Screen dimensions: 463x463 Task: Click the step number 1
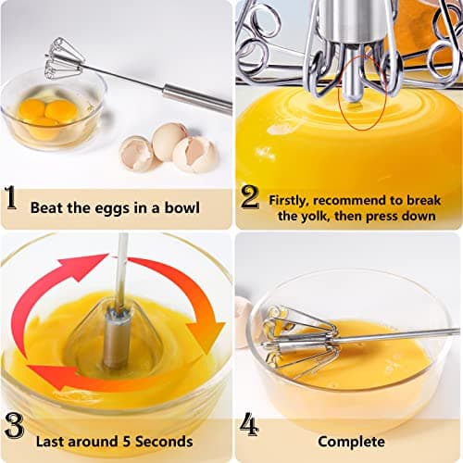[10, 198]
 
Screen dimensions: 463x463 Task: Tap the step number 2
[249, 197]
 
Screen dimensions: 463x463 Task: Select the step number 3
[12, 425]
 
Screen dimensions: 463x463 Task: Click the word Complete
[351, 442]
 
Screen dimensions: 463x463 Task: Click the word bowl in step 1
[182, 208]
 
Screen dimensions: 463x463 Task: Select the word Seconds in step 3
[163, 441]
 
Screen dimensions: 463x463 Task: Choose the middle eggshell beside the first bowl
[169, 140]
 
